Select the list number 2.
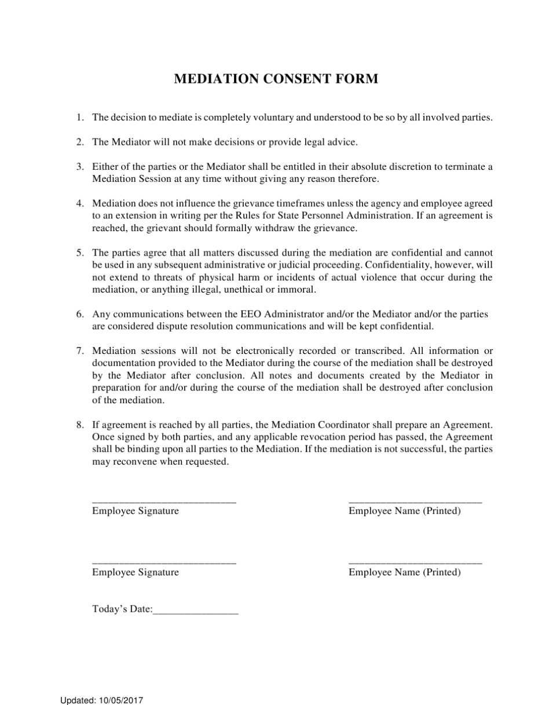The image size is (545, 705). coord(79,142)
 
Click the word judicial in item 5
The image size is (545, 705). coord(305,265)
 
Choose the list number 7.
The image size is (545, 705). coord(79,350)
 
